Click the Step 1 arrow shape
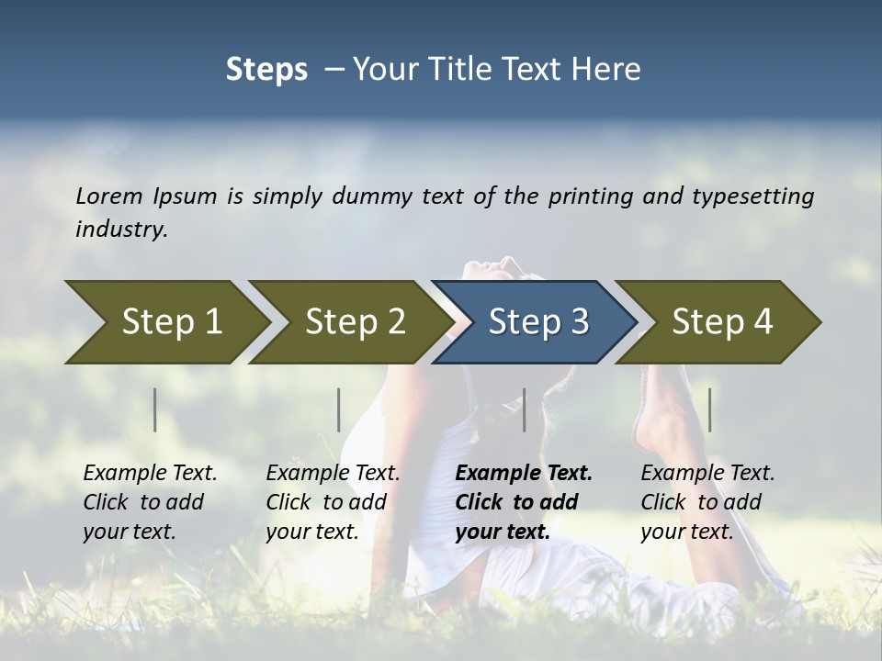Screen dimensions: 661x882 [x=171, y=322]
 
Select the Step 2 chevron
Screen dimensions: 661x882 [x=355, y=322]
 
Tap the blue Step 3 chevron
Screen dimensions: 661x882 [x=537, y=322]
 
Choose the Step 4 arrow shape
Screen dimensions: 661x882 [x=721, y=322]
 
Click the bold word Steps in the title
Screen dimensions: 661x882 [x=266, y=70]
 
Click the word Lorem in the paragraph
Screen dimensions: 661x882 [x=109, y=196]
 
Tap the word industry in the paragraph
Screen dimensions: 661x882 [x=120, y=229]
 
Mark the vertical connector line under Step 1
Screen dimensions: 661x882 [x=155, y=409]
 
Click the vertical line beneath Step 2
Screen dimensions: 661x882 [x=339, y=409]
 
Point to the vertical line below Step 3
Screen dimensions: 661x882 [x=525, y=409]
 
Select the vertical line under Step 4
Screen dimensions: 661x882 [x=710, y=409]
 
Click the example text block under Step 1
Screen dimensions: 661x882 [x=150, y=502]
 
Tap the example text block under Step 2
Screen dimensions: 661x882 [x=333, y=502]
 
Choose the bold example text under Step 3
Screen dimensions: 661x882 [x=524, y=502]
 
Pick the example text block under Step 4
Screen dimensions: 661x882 [x=707, y=502]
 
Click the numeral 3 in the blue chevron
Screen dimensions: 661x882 [x=578, y=322]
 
